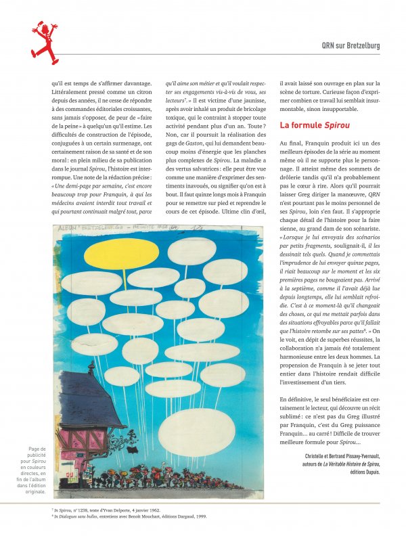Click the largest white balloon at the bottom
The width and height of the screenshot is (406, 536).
tap(196, 431)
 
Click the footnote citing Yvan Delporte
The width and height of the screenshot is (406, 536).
tap(108, 509)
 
